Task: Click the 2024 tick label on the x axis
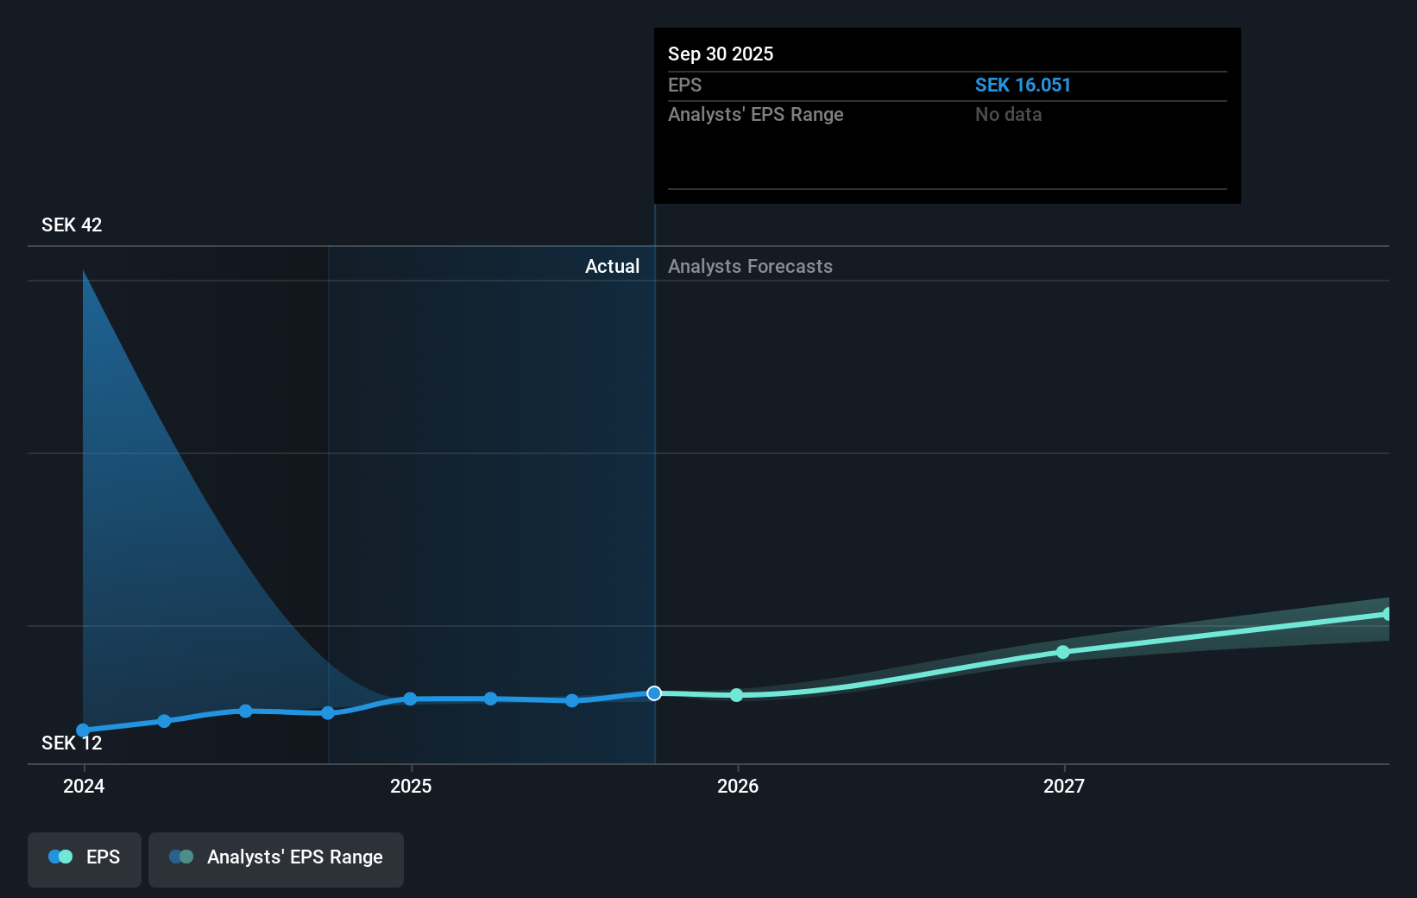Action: (x=84, y=786)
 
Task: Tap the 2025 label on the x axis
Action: (x=411, y=786)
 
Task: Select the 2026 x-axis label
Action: (x=738, y=786)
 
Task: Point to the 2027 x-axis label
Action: (x=1064, y=786)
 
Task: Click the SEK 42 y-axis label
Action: (x=72, y=225)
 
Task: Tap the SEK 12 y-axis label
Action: (x=72, y=743)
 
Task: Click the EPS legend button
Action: (x=85, y=857)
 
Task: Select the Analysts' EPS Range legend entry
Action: (x=276, y=857)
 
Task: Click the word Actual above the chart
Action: (x=612, y=267)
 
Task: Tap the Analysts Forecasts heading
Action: (x=750, y=267)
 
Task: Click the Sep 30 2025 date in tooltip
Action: (x=721, y=54)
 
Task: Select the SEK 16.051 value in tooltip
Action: (x=1023, y=85)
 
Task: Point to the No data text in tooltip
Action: (x=1008, y=115)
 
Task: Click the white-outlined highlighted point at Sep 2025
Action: (x=654, y=693)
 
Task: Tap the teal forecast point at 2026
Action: (x=736, y=695)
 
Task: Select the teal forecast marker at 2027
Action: (x=1063, y=652)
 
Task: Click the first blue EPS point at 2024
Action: (x=83, y=730)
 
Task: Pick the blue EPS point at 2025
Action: (x=410, y=699)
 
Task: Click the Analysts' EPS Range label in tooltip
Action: (x=755, y=115)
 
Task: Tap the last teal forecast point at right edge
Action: (x=1387, y=614)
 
